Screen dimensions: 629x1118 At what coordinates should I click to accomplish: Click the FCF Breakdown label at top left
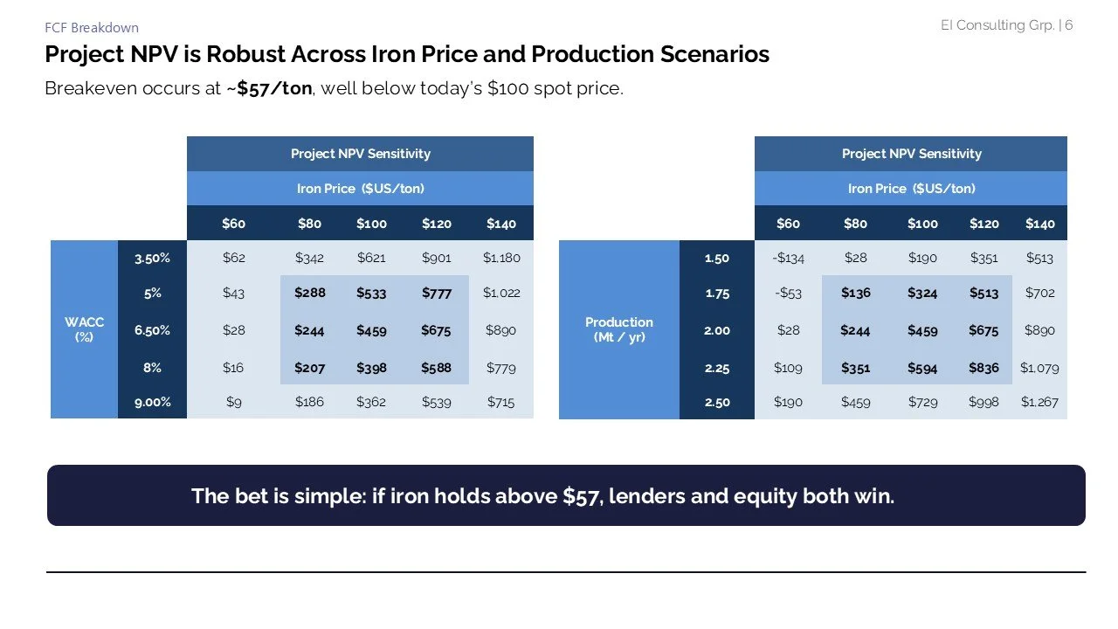click(x=91, y=28)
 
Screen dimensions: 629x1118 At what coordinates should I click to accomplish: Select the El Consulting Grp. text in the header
click(x=997, y=25)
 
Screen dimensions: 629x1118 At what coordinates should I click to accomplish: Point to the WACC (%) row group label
click(x=84, y=329)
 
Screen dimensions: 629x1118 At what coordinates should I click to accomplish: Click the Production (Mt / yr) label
click(x=619, y=329)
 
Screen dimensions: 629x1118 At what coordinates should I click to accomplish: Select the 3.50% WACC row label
click(x=152, y=259)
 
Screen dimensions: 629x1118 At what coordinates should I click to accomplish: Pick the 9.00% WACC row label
click(x=152, y=403)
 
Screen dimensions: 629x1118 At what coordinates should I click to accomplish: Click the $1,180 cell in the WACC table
click(x=501, y=259)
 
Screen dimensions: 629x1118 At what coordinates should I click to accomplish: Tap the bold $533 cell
click(x=371, y=294)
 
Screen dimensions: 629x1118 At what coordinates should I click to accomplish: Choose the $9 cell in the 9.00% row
click(x=233, y=403)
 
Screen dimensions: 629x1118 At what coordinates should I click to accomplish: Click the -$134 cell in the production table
click(x=788, y=259)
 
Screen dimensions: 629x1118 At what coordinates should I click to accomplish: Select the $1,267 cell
click(x=1039, y=403)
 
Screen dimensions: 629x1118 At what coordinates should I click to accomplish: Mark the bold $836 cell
click(x=983, y=368)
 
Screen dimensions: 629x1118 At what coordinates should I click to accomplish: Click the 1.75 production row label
click(x=717, y=294)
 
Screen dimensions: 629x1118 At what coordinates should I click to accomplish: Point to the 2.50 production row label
click(x=717, y=403)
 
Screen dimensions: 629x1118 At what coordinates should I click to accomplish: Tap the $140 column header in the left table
click(x=501, y=224)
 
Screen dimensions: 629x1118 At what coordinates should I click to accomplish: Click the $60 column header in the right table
click(x=788, y=224)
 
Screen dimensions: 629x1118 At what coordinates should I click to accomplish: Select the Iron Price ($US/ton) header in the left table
click(x=360, y=189)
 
